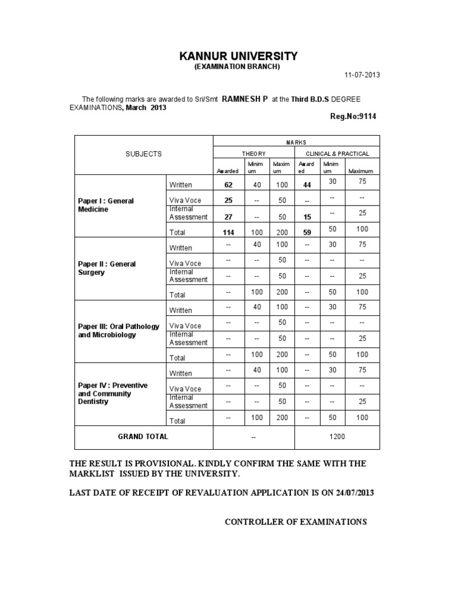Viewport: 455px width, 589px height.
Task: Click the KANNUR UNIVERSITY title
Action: click(239, 56)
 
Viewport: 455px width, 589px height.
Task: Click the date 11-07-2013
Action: click(362, 75)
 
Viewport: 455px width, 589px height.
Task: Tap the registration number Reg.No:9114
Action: click(353, 117)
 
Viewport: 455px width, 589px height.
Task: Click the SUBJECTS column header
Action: click(143, 153)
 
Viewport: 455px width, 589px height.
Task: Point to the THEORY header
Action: click(254, 153)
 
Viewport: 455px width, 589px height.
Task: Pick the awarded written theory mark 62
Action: click(228, 185)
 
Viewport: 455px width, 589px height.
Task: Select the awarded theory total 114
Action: click(227, 233)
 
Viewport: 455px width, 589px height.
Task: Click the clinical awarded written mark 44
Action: click(307, 185)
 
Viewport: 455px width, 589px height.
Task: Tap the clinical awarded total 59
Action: click(307, 233)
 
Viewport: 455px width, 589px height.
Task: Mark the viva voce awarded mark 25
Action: click(228, 200)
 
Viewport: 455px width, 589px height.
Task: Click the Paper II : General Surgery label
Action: click(107, 268)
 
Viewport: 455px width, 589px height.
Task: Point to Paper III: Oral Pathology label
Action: click(118, 331)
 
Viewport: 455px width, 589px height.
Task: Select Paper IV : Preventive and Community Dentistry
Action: click(113, 393)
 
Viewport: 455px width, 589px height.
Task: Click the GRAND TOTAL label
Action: click(143, 437)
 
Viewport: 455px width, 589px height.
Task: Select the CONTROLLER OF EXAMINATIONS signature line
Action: click(296, 522)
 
